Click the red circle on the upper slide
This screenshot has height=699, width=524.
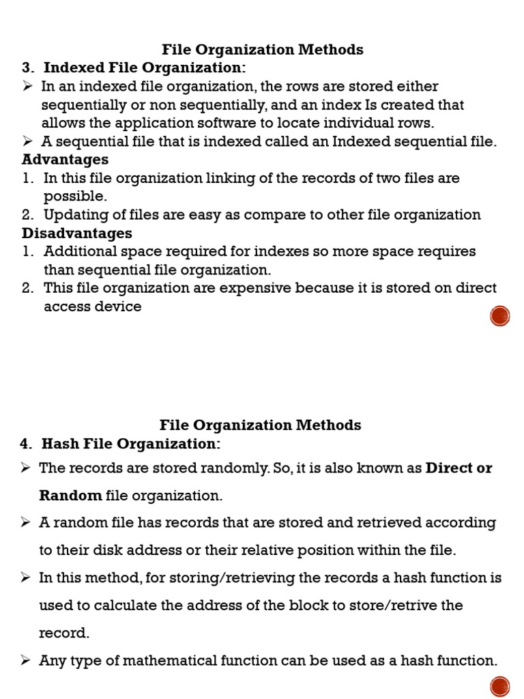(500, 316)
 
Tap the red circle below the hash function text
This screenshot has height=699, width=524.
(500, 686)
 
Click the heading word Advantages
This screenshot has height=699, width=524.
(65, 160)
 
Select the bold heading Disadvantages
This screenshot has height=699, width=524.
(76, 233)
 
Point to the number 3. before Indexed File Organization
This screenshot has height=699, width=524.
(28, 68)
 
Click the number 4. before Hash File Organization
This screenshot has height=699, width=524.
(26, 444)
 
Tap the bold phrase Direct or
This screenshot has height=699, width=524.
(458, 468)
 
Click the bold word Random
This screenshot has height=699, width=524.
(70, 496)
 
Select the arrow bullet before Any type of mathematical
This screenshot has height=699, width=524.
(26, 660)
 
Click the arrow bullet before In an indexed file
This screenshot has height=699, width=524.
(28, 86)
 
